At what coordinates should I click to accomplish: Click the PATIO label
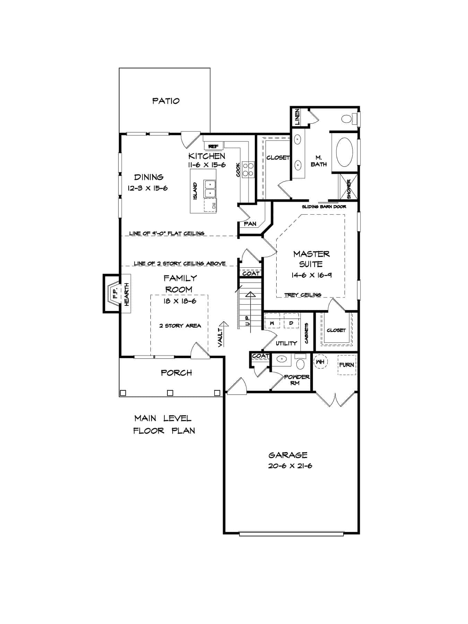coord(166,101)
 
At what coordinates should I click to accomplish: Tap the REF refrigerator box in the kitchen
coord(213,146)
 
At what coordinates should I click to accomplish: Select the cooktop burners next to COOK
coord(248,169)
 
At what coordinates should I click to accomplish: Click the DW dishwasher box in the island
coord(210,205)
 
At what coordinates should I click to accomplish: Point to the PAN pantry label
coord(250,224)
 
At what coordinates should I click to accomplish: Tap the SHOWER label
coord(349,189)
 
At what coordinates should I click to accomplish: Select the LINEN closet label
coord(297,117)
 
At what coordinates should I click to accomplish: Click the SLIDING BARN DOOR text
coord(324,207)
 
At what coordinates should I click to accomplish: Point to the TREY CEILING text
coord(303,295)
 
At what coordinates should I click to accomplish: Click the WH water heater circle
coord(321,362)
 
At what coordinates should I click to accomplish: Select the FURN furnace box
coord(346,365)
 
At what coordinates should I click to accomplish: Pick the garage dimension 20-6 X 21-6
coord(290,466)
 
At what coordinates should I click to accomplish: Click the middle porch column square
coord(170,393)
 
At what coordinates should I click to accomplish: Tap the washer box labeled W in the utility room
coord(272,323)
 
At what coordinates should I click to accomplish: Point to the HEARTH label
coord(127,294)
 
